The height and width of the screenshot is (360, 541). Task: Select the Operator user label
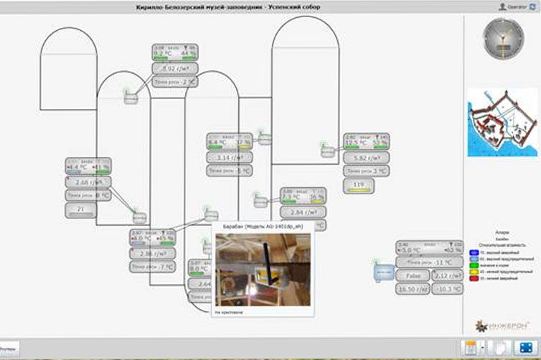pos(514,6)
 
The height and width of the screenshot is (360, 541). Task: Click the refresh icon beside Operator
pos(532,6)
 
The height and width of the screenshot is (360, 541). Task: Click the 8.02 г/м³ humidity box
pos(174,70)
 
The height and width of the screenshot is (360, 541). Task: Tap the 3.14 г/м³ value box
pos(229,158)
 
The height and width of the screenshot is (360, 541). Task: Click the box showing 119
pos(359,188)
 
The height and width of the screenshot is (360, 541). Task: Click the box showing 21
pos(80,209)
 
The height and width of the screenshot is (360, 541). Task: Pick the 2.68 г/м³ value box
pos(88,182)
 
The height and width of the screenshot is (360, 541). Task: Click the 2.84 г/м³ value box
pos(302,212)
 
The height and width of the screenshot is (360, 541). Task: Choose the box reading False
pos(413,275)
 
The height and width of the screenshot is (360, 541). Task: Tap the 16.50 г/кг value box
pos(413,288)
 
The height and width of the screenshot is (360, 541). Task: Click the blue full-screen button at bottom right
pos(525,347)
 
